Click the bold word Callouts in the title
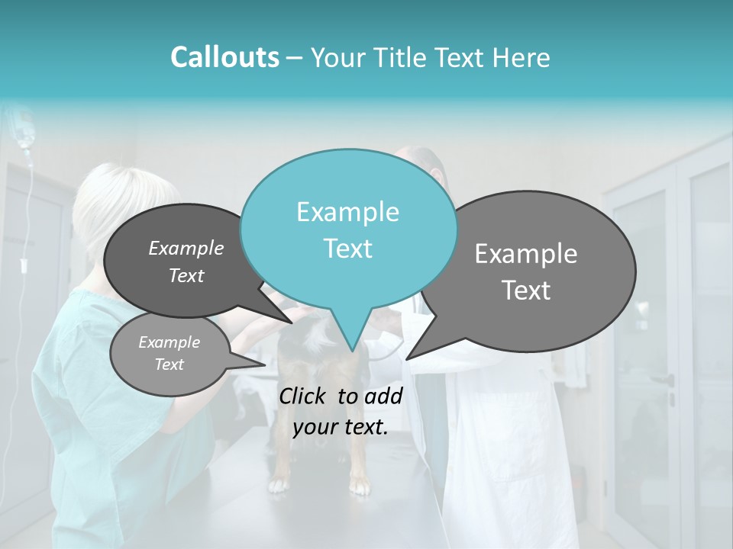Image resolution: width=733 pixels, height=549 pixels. coord(224,57)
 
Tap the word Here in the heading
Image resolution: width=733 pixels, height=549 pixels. coord(522,58)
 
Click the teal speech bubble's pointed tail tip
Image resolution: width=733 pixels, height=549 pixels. coord(352,350)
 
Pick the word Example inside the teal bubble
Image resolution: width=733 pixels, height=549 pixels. coord(347,212)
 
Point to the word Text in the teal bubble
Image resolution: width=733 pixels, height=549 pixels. coord(347,249)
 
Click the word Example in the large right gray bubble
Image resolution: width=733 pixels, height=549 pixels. coord(526,254)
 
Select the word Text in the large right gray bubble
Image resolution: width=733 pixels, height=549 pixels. coord(526,291)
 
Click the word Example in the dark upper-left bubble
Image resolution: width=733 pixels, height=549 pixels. coord(186,249)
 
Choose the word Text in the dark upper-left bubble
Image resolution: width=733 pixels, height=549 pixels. coord(186,276)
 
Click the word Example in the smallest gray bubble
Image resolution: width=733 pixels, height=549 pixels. coord(169,342)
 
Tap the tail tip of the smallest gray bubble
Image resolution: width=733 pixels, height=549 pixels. coord(265,365)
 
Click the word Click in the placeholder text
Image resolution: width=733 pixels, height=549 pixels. coord(304,396)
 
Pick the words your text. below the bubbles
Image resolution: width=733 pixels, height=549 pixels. coord(341,428)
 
